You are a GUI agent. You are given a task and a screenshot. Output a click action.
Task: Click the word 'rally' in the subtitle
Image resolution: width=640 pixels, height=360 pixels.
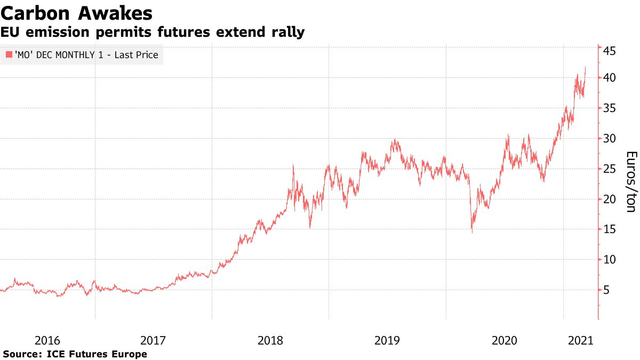click(286, 32)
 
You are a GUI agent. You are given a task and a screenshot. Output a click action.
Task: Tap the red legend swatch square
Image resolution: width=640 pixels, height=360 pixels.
click(9, 54)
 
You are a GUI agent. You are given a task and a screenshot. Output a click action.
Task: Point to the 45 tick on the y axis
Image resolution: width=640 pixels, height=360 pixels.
click(610, 51)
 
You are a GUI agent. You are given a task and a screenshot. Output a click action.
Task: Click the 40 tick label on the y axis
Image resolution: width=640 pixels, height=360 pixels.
click(610, 78)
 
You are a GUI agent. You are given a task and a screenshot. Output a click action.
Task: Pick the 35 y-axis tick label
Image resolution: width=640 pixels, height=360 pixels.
click(610, 108)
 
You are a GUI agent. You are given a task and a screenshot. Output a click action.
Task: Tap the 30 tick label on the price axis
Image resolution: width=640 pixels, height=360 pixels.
click(610, 139)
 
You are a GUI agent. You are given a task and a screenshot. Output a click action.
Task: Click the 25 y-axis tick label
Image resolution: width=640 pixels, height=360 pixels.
click(610, 169)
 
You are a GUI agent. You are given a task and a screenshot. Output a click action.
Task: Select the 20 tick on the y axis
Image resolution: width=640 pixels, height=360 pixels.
click(610, 199)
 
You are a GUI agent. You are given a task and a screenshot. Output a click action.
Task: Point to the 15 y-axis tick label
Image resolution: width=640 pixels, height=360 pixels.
click(610, 229)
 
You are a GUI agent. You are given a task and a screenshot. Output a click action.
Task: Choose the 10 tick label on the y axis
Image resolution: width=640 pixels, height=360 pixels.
click(610, 260)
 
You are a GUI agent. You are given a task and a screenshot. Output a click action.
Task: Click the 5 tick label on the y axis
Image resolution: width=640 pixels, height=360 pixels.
click(606, 290)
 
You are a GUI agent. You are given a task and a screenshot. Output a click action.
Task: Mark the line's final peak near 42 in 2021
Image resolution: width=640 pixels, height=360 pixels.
click(585, 67)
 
